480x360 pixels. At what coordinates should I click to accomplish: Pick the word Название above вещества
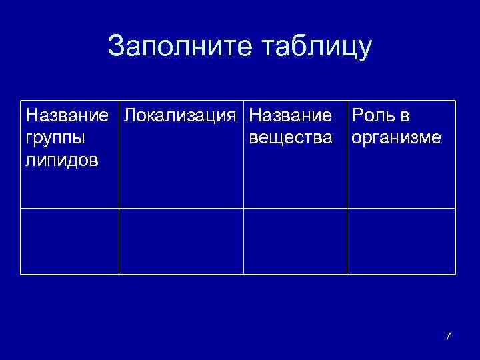[290, 115]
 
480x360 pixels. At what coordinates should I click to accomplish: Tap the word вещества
[290, 139]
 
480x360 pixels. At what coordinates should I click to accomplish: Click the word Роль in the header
[371, 115]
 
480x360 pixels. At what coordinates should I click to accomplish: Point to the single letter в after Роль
[405, 116]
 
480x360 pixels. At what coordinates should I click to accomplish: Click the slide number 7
[448, 335]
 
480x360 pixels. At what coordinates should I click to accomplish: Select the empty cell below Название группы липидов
[69, 241]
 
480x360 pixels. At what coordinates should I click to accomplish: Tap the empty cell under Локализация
[181, 241]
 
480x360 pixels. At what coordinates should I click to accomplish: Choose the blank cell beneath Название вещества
[295, 241]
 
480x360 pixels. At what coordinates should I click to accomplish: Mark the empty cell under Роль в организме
[401, 241]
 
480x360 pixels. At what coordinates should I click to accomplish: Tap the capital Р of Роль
[357, 115]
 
